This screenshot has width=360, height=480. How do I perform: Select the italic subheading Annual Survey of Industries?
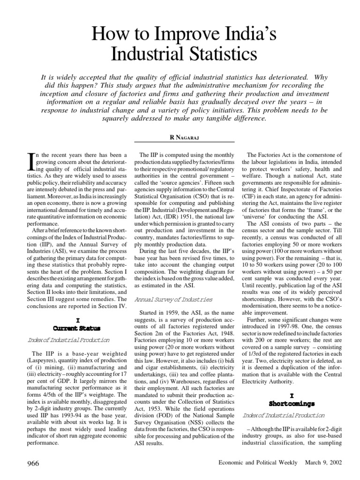coord(173,299)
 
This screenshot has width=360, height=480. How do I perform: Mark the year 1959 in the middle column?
coord(178,313)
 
